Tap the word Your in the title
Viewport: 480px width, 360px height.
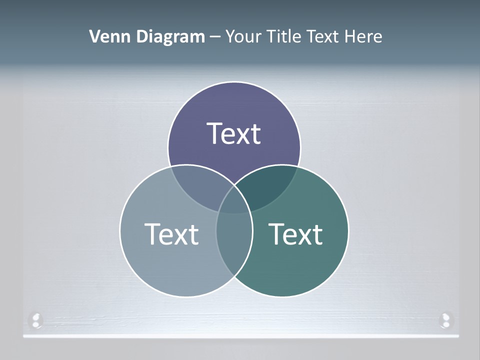(241, 36)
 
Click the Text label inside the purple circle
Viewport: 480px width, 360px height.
(234, 133)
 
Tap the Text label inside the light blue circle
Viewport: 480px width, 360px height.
(171, 233)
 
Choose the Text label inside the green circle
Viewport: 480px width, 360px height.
(295, 233)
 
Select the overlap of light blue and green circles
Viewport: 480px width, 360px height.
(234, 240)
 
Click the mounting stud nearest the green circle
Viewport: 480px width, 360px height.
(444, 319)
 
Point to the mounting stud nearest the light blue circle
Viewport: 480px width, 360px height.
(35, 319)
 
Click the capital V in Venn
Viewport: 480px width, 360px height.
(94, 36)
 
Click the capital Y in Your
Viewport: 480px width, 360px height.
(230, 36)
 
